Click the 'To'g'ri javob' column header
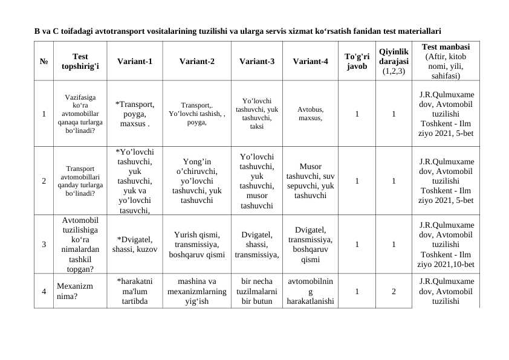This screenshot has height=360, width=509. point(357,61)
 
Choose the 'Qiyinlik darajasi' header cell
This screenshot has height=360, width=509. point(394,61)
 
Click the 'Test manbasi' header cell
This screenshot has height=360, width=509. point(445,61)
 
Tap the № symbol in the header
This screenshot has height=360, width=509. point(44,61)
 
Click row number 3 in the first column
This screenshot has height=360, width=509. point(44,245)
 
